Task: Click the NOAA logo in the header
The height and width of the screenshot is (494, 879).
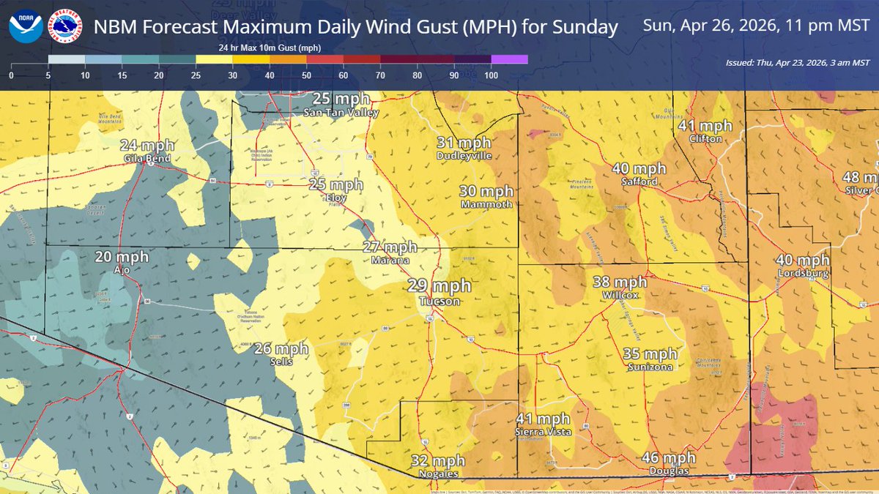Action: click(26, 28)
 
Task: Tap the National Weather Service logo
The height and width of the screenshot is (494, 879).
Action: click(64, 28)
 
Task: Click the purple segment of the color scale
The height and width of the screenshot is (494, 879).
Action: click(509, 59)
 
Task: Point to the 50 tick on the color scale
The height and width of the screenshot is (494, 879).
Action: click(306, 75)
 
